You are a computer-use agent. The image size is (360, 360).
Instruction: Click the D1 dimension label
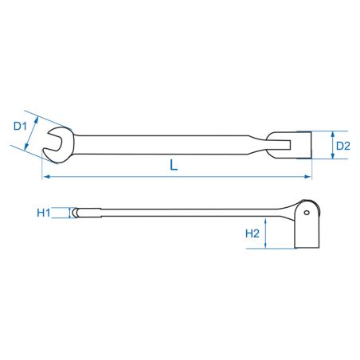[x=20, y=126]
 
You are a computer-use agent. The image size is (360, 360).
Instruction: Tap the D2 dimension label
[x=343, y=146]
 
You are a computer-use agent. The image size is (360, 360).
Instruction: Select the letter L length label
[x=174, y=165]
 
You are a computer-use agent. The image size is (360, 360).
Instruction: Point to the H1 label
[x=44, y=213]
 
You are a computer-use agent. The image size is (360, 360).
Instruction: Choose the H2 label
[x=252, y=233]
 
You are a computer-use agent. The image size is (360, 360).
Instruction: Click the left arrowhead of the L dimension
[x=46, y=177]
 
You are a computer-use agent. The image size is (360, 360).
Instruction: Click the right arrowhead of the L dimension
[x=307, y=177]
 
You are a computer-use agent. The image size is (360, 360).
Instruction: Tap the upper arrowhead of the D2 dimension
[x=333, y=135]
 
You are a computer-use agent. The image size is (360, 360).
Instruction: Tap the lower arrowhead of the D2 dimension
[x=333, y=155]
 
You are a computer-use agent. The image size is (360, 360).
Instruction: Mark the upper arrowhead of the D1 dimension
[x=36, y=119]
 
